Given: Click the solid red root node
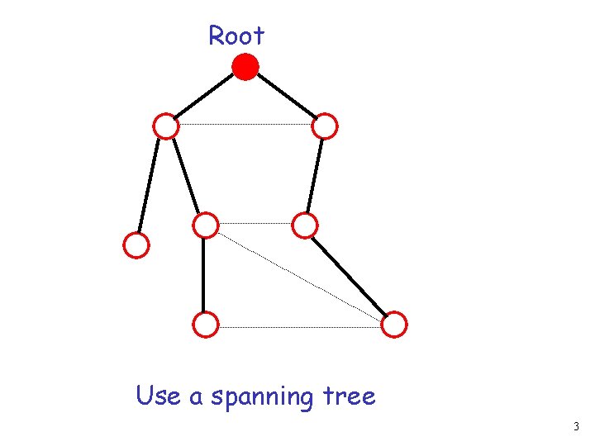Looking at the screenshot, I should pos(245,66).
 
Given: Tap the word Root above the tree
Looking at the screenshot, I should pos(236,36).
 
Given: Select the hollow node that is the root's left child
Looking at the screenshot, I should pos(166,126).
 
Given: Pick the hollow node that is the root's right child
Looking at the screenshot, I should pos(325,126).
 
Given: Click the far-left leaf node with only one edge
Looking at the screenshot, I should pos(136,245).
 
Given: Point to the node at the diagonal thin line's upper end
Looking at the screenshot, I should pos(205,225).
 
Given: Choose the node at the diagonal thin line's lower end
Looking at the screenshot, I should pos(395,325).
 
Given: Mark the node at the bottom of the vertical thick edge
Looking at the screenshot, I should pos(205,325).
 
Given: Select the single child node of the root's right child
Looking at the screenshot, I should pos(305,225).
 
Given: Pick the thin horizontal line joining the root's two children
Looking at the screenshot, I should pos(245,125).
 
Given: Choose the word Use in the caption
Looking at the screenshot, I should pos(159,396).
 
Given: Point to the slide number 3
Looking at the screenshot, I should pos(576,427).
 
